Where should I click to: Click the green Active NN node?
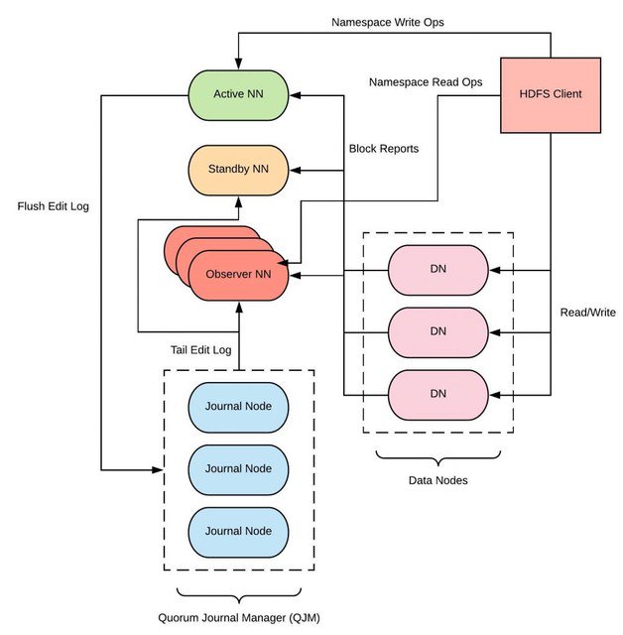click(238, 95)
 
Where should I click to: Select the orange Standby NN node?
click(238, 170)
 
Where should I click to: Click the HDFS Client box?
click(550, 94)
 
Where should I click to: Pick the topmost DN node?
click(437, 269)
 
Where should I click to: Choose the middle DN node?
click(437, 331)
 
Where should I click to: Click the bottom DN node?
click(437, 394)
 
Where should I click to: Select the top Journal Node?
click(237, 406)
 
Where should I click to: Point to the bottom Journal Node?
click(237, 530)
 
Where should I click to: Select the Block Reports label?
click(383, 149)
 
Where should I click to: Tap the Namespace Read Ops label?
click(424, 82)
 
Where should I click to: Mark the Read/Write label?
click(586, 313)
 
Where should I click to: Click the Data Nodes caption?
click(437, 480)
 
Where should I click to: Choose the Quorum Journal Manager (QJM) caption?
click(237, 618)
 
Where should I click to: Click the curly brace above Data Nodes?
click(437, 457)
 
